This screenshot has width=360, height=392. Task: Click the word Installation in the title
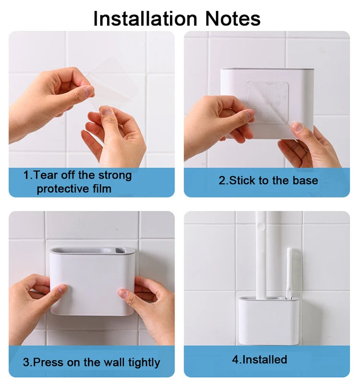click(145, 19)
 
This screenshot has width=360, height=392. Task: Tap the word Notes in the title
click(233, 19)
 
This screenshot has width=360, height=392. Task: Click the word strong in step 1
click(115, 175)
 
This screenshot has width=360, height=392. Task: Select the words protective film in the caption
click(74, 189)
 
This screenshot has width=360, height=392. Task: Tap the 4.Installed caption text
click(260, 359)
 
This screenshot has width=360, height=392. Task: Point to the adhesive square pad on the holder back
click(267, 101)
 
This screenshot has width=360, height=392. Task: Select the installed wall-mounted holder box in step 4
click(268, 320)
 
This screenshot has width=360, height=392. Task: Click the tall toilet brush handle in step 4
click(261, 255)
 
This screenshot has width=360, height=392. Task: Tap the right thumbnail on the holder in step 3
click(123, 293)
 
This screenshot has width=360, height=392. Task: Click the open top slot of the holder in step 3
click(92, 250)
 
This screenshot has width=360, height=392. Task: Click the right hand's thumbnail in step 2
click(297, 126)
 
